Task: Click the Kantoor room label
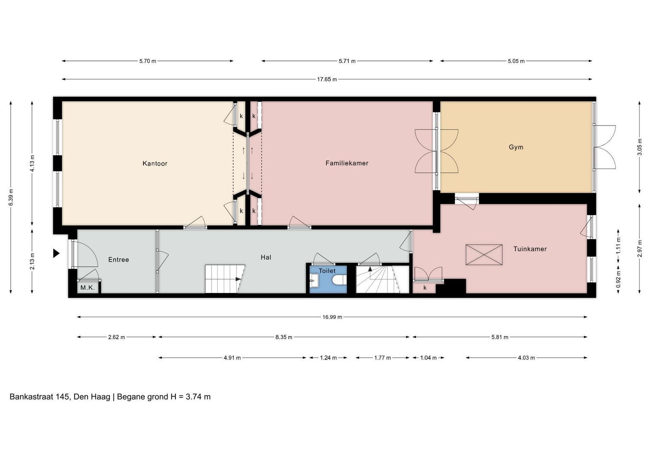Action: (x=155, y=164)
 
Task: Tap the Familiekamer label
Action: (x=347, y=163)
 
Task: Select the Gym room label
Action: (x=516, y=147)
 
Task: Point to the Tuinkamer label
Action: (x=530, y=249)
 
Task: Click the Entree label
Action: (x=118, y=260)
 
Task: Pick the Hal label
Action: (x=266, y=257)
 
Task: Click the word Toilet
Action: (x=327, y=271)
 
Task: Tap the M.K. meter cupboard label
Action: (x=88, y=288)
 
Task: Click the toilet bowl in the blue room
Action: (x=340, y=280)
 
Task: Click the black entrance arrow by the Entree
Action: (x=56, y=253)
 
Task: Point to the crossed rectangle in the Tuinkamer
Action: (x=484, y=255)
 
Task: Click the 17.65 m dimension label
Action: (x=327, y=79)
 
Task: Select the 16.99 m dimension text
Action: (x=332, y=317)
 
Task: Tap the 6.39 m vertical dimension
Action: (x=11, y=198)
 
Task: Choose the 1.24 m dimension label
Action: (x=328, y=358)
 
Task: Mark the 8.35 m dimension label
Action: (x=283, y=337)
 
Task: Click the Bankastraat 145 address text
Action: (x=40, y=397)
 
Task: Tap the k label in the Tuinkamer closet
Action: (x=425, y=288)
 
